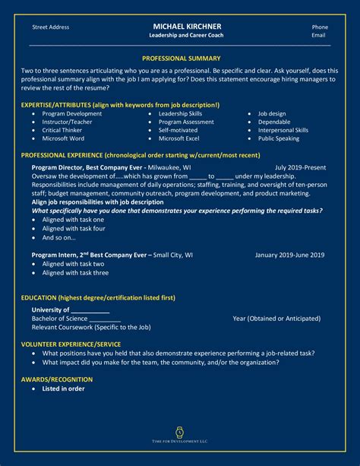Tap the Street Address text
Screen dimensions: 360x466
click(51, 27)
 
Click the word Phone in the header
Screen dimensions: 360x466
click(320, 27)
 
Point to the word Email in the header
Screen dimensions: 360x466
click(319, 36)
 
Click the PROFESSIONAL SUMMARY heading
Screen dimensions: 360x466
click(181, 59)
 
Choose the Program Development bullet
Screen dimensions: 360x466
click(72, 114)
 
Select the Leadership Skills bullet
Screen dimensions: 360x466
click(180, 114)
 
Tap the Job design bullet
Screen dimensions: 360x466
click(272, 114)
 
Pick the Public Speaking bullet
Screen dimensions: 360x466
click(279, 139)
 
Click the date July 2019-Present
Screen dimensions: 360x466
click(300, 167)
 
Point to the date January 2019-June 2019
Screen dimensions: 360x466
click(289, 255)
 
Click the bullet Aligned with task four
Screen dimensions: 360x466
click(74, 228)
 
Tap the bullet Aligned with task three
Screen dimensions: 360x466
click(75, 273)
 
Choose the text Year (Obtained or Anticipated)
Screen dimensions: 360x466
click(276, 319)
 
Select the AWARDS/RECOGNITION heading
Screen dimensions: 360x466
click(58, 378)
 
